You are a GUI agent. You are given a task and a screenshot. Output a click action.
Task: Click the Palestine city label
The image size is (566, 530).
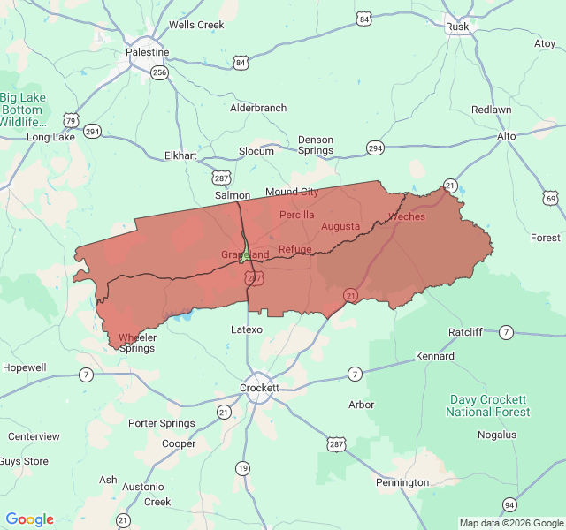coord(147,52)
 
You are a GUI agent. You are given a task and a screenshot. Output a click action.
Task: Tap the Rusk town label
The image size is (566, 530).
coord(457,26)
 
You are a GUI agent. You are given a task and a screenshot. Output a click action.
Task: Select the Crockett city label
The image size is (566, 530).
coord(260,388)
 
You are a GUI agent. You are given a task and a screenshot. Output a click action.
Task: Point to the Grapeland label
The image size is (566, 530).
coord(245,254)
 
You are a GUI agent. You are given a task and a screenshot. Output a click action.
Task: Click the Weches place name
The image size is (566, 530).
coord(407,216)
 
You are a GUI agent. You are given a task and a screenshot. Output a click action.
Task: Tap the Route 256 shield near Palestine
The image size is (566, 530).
coord(159,72)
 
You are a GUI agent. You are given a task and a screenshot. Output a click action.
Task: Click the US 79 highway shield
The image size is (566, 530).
coord(71,120)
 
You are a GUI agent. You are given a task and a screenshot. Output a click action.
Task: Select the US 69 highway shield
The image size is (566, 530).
coord(551,198)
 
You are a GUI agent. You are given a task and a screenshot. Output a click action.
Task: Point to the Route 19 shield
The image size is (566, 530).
coord(242,467)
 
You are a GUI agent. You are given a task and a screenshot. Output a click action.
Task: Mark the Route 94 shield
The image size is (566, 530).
coord(509,504)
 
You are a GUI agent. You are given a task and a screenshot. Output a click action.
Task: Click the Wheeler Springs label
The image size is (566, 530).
coord(137,343)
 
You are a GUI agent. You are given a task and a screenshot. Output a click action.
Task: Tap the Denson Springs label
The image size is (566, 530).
coord(316,145)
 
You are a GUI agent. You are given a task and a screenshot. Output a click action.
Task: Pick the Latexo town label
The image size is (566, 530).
coord(247,329)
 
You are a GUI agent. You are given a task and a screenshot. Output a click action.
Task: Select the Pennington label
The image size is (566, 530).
coord(402,482)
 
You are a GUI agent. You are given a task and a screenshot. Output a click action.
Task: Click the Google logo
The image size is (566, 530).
coord(30,519)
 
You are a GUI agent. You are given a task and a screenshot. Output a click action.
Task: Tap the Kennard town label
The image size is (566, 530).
coord(435,356)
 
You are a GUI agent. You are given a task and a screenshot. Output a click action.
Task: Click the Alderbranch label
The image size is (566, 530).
coord(258,108)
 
